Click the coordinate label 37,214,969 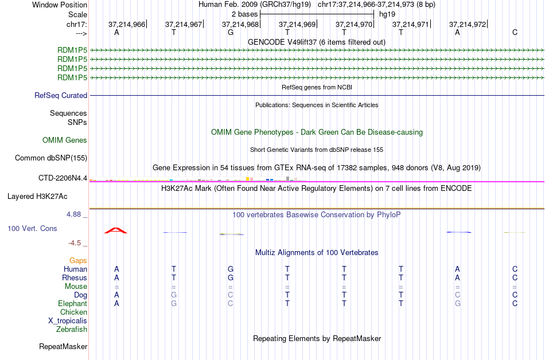point(297,24)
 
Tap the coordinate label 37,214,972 point(468,24)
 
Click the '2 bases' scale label point(245,14)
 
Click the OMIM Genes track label point(65,140)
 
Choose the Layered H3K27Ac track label point(37,197)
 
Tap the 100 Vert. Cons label point(32,229)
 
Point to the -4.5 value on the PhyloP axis point(76,242)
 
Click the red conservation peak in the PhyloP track point(116,230)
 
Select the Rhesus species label point(75,278)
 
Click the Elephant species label point(72,304)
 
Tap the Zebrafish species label point(72,330)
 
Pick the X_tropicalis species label point(68,321)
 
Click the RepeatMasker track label point(63,347)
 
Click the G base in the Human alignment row point(231,269)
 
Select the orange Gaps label point(78,261)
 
